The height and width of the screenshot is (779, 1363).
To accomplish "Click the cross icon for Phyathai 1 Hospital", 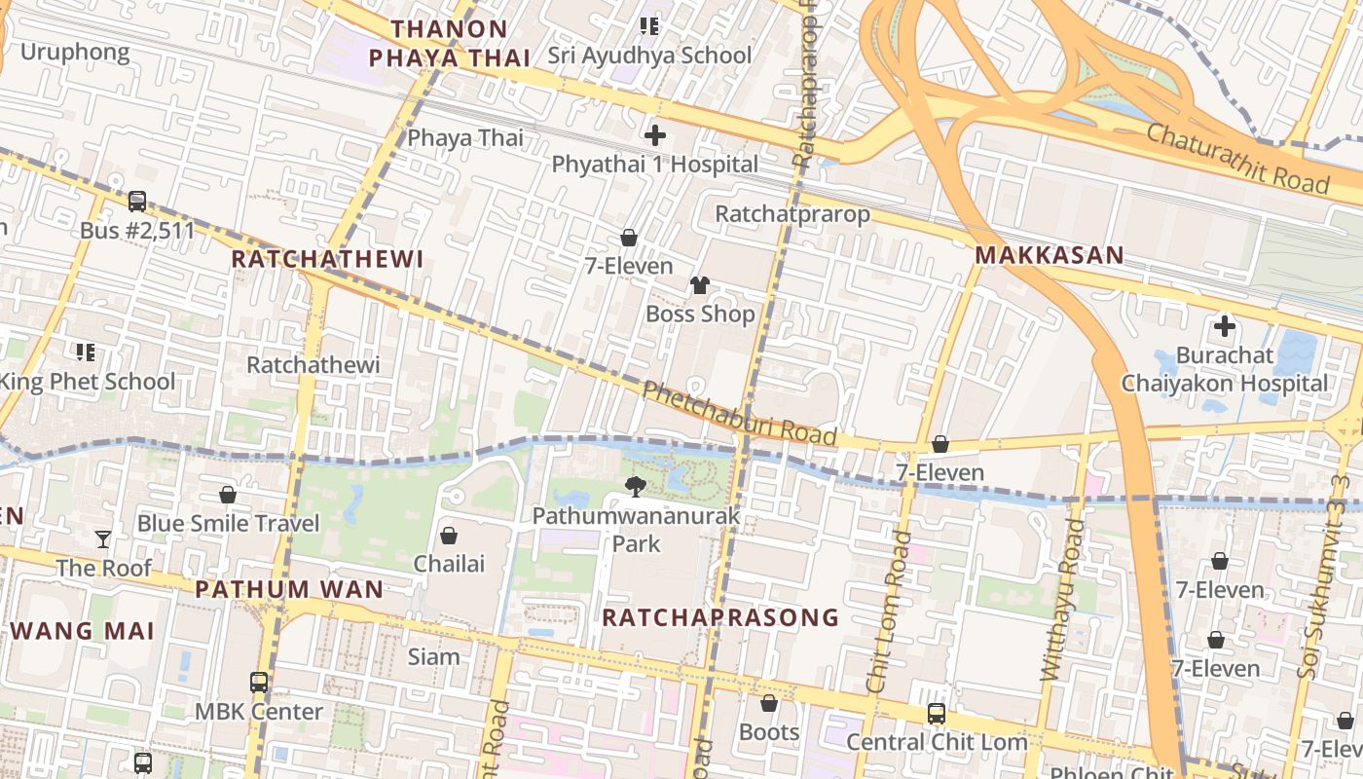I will pyautogui.click(x=655, y=134).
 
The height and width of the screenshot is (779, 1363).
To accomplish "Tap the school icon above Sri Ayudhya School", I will pyautogui.click(x=649, y=26).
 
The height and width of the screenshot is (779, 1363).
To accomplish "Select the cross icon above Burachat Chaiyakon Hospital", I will pyautogui.click(x=1224, y=325).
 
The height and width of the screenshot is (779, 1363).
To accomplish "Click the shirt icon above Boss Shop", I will pyautogui.click(x=700, y=284).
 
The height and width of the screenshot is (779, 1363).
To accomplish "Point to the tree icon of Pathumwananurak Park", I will pyautogui.click(x=636, y=486).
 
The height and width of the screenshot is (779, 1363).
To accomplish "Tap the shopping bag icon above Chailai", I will pyautogui.click(x=449, y=535).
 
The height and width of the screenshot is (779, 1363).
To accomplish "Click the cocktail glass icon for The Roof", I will pyautogui.click(x=103, y=538).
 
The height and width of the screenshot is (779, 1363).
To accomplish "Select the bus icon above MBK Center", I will pyautogui.click(x=259, y=682).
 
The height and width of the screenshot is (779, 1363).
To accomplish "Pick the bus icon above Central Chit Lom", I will pyautogui.click(x=937, y=713).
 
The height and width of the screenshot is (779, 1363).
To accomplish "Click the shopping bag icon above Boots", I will pyautogui.click(x=769, y=702).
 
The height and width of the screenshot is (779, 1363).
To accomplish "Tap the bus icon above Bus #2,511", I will pyautogui.click(x=137, y=202).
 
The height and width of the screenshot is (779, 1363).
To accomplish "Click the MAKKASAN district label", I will pyautogui.click(x=1050, y=255).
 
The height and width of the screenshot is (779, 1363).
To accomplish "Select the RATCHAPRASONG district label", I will pyautogui.click(x=720, y=617).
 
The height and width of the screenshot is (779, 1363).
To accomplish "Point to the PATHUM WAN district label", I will pyautogui.click(x=289, y=589).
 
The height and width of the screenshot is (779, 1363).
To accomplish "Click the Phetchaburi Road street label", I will pyautogui.click(x=739, y=413).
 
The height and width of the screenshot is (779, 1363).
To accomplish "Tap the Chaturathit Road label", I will pyautogui.click(x=1237, y=158).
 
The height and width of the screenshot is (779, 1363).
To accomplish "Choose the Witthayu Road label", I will pyautogui.click(x=1063, y=599).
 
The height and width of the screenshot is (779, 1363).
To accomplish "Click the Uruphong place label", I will pyautogui.click(x=75, y=52).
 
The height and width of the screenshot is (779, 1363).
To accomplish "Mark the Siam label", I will pyautogui.click(x=433, y=656).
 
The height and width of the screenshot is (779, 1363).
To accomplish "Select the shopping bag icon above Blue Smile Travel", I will pyautogui.click(x=228, y=495).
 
